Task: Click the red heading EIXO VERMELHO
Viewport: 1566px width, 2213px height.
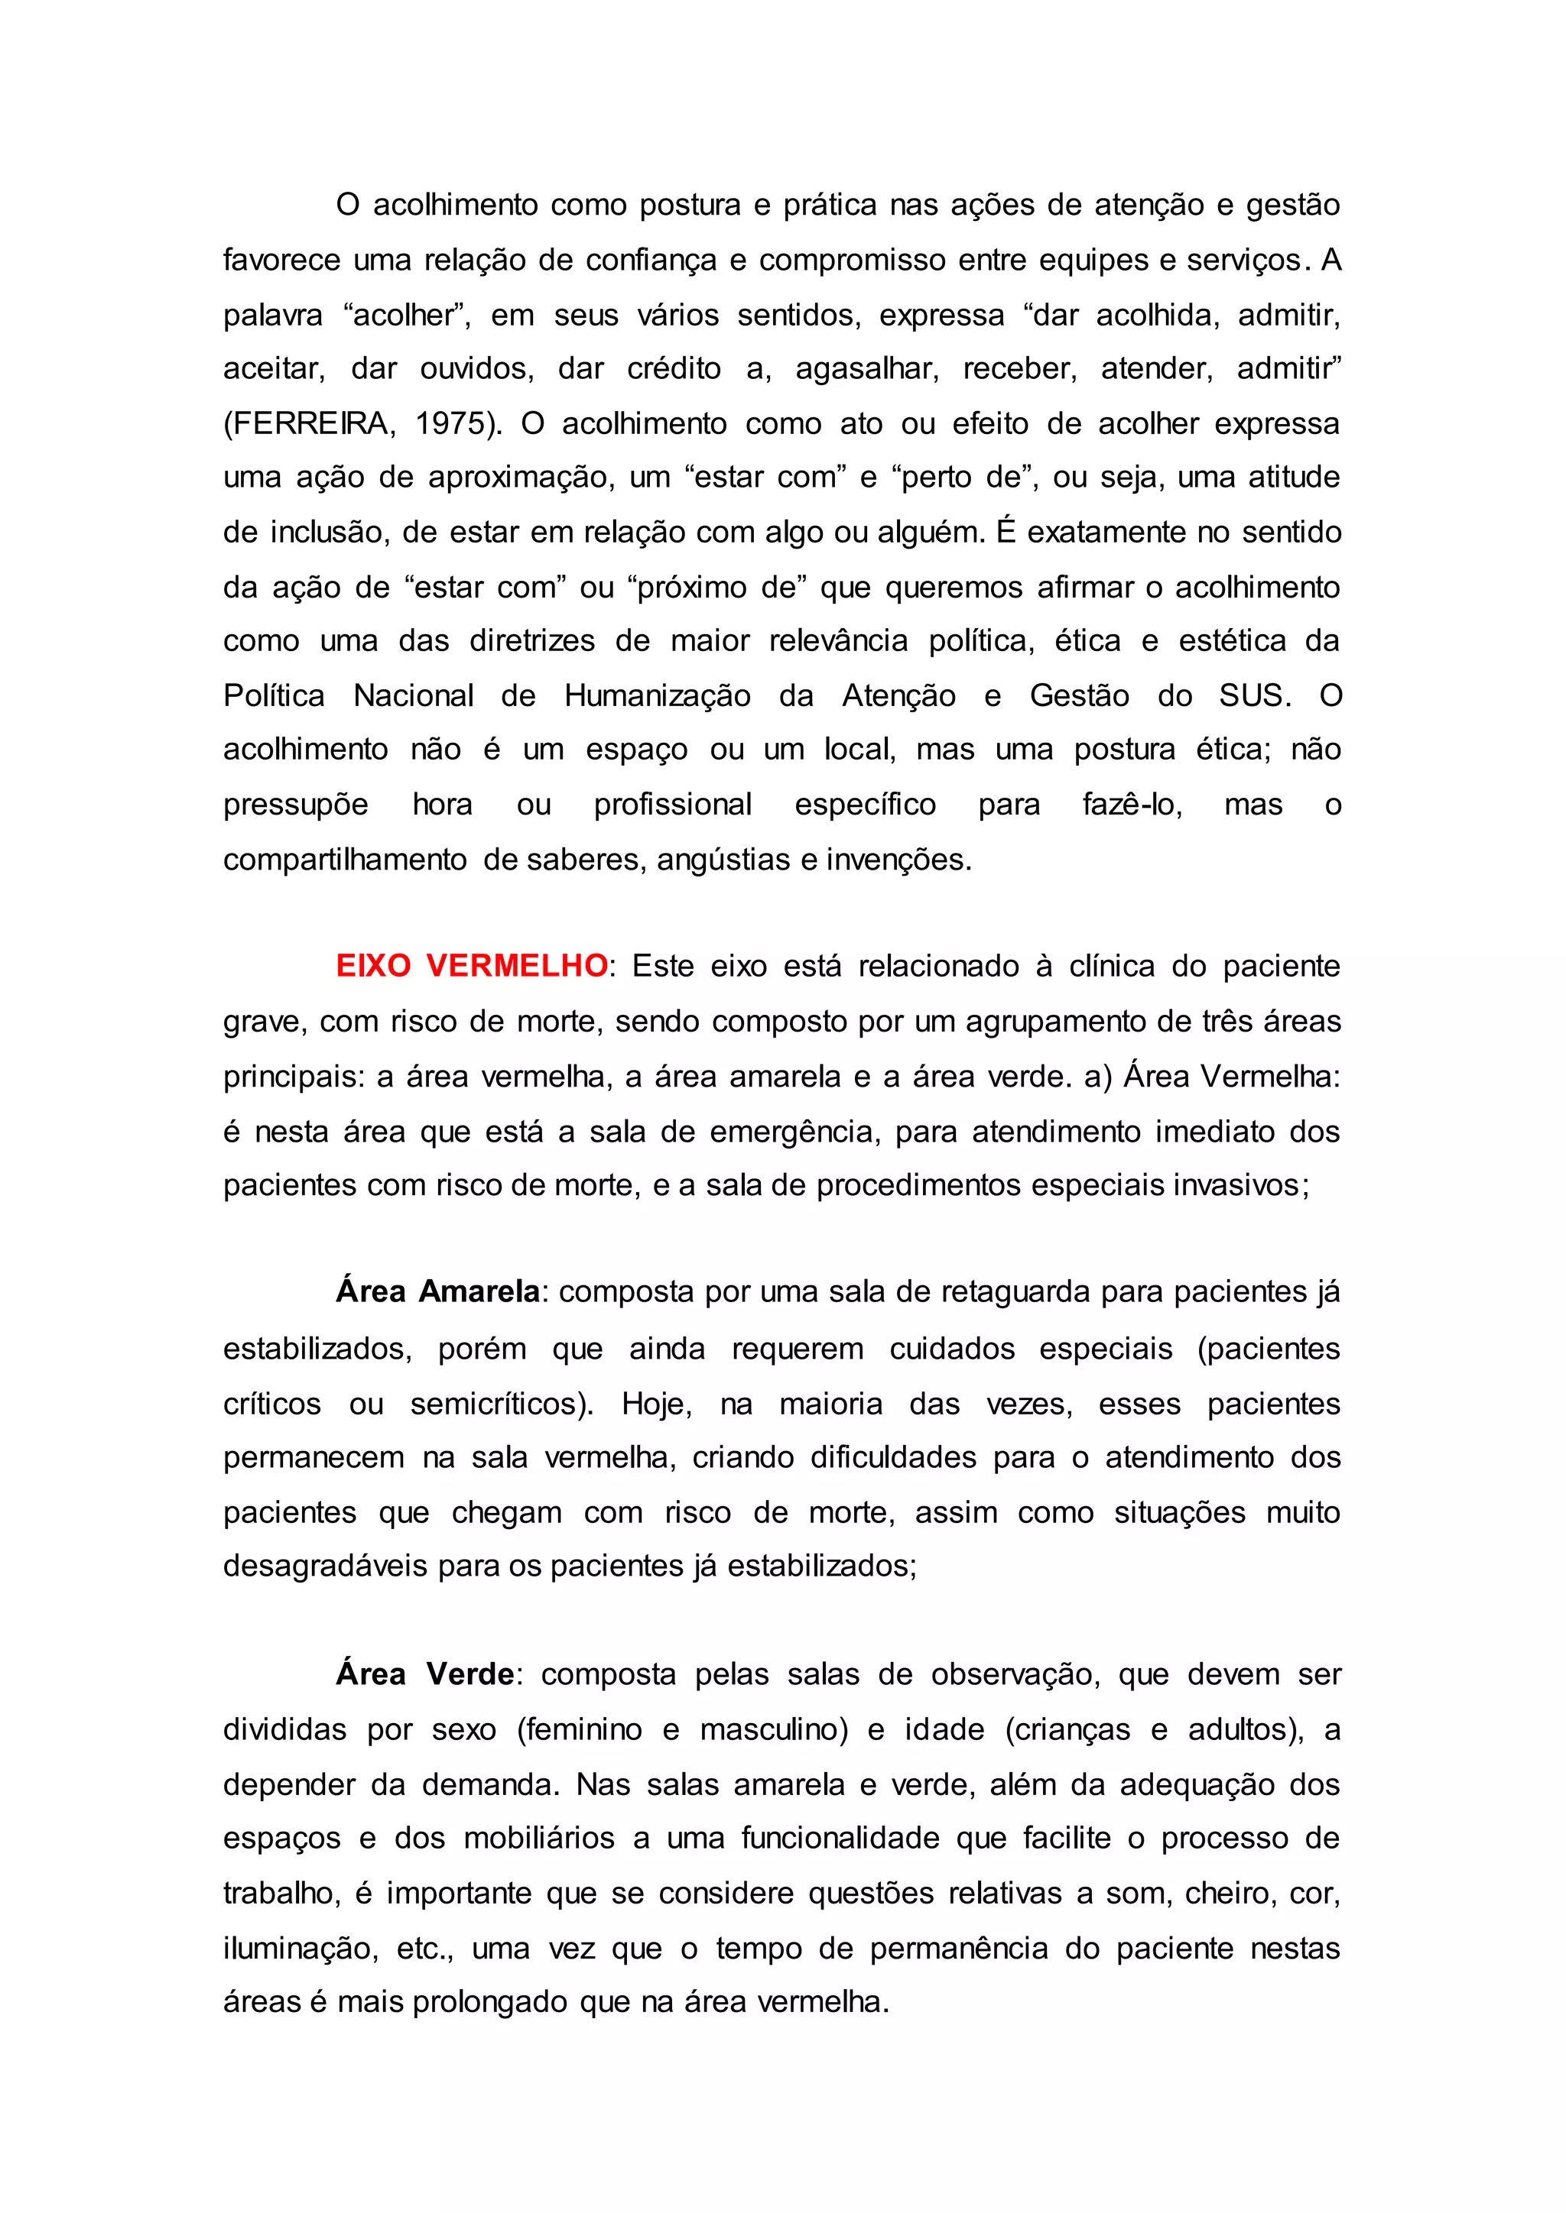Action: pos(472,966)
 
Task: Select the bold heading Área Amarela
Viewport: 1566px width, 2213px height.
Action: pos(438,1291)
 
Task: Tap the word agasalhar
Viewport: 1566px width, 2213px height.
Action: pos(867,370)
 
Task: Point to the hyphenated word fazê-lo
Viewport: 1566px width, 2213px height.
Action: pos(1131,804)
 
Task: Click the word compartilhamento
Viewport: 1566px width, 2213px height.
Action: pos(344,859)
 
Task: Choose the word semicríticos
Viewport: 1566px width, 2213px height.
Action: pos(502,1403)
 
